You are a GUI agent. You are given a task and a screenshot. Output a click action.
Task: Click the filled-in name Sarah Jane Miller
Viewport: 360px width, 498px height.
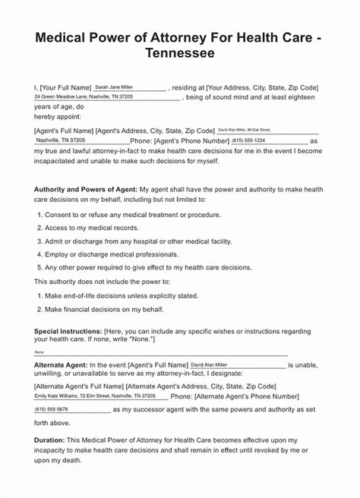(115, 87)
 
